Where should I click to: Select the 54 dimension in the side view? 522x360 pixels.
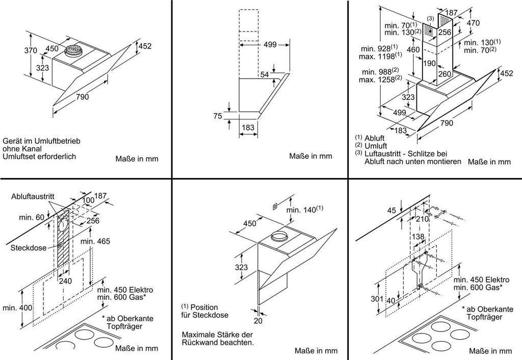(x=264, y=75)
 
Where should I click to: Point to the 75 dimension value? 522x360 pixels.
(x=217, y=116)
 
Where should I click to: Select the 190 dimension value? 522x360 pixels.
(x=429, y=63)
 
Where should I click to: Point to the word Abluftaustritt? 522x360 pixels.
(x=33, y=196)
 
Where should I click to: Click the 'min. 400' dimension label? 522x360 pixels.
(x=17, y=307)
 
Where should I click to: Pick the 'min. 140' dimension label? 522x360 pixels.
(x=304, y=210)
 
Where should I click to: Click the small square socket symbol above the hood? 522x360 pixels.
(x=274, y=206)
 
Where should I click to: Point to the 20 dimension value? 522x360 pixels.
(x=259, y=320)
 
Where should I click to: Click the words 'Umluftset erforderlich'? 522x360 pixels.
(x=39, y=156)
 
